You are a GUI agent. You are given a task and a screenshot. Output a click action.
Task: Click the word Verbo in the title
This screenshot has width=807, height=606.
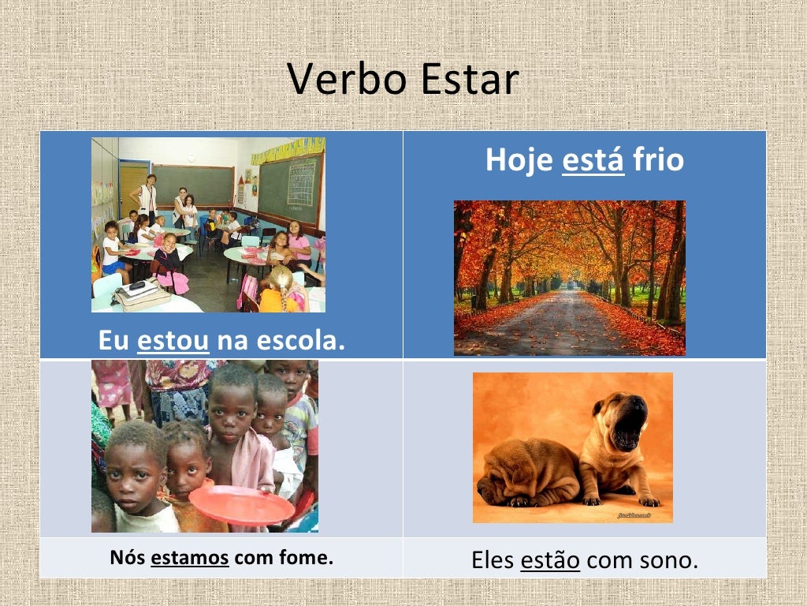[x=342, y=80]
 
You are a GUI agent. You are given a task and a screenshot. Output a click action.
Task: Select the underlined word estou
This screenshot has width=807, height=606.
[x=173, y=340]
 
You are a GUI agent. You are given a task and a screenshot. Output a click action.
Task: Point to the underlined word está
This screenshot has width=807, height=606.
[x=593, y=160]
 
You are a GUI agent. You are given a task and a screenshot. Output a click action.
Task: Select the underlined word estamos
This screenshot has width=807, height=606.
[x=190, y=558]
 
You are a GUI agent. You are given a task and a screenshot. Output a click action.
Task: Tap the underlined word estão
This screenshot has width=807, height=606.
[x=550, y=560]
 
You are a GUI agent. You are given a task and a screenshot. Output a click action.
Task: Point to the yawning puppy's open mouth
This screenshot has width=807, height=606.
[x=629, y=432]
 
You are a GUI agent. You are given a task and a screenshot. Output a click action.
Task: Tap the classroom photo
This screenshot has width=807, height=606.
[x=208, y=225]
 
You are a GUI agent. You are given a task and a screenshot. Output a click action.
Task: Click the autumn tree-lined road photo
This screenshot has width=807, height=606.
[x=569, y=278]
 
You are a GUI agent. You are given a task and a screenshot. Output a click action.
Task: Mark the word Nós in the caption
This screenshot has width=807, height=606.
[x=127, y=558]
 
